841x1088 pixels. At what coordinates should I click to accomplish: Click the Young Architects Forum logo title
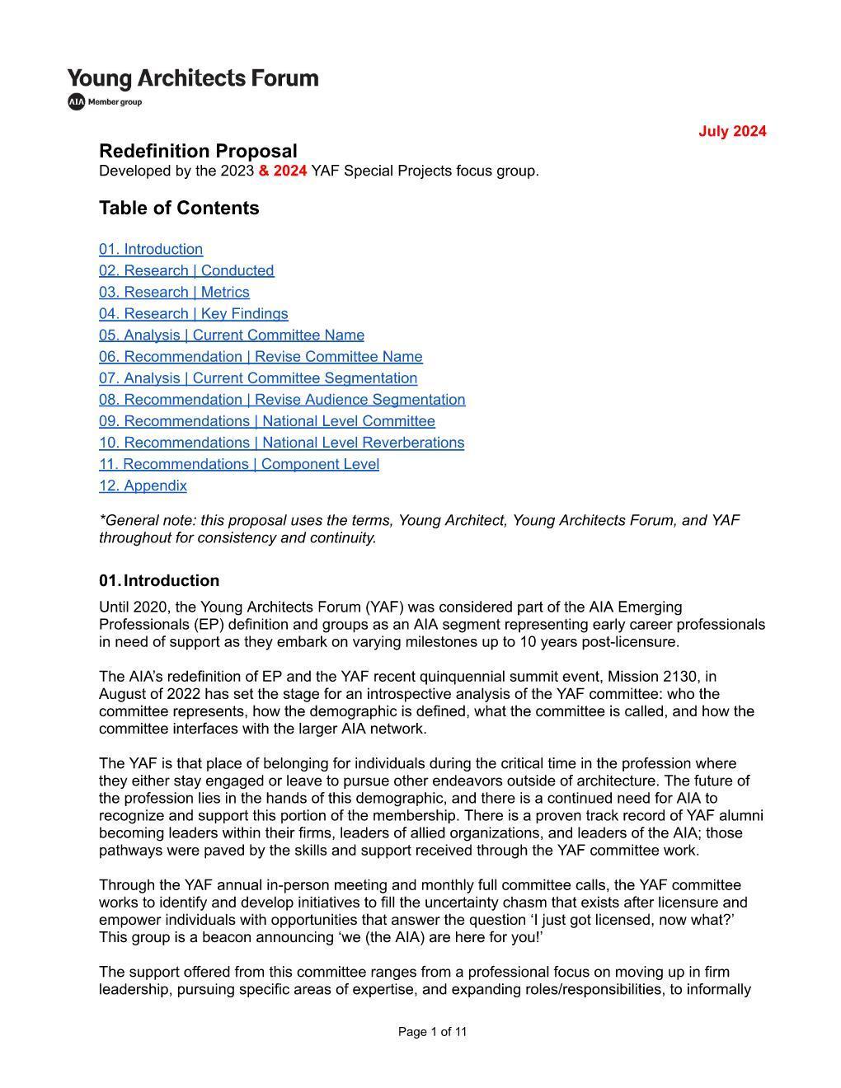[193, 78]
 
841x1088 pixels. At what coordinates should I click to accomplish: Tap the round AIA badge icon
[77, 101]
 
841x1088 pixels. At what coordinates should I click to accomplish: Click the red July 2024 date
[732, 131]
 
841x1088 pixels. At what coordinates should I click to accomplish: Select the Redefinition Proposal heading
[198, 151]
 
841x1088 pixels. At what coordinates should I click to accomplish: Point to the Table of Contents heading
[179, 208]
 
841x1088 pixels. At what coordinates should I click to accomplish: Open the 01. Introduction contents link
[151, 249]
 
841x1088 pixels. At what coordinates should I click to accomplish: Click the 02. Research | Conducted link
[186, 270]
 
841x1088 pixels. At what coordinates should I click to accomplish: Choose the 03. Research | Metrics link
[174, 292]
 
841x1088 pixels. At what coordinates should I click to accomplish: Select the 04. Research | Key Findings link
[194, 313]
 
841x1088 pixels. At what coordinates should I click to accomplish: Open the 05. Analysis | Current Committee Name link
[232, 335]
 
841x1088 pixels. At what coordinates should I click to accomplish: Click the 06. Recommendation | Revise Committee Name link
[261, 356]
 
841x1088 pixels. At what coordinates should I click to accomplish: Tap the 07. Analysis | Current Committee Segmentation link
[258, 378]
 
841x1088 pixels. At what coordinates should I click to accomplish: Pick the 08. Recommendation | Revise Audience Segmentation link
[282, 399]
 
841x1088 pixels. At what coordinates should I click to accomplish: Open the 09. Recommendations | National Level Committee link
[267, 420]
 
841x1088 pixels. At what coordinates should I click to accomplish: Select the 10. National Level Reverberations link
[282, 442]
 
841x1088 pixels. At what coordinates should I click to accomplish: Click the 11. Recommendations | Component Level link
[239, 463]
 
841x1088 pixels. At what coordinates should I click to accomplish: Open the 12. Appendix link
[143, 485]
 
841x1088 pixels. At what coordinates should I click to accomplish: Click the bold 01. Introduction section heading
[159, 580]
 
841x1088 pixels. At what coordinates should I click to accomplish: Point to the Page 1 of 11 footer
[432, 1031]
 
